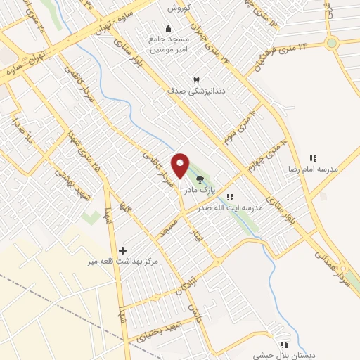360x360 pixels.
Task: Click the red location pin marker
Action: click(x=181, y=165)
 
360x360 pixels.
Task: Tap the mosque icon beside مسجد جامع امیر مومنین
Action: click(x=167, y=29)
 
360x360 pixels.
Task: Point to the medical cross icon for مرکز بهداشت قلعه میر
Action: click(x=123, y=250)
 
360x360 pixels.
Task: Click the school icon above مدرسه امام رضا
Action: click(x=313, y=159)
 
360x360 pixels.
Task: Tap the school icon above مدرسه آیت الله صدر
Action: click(x=230, y=197)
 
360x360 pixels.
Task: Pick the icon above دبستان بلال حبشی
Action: click(x=284, y=345)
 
